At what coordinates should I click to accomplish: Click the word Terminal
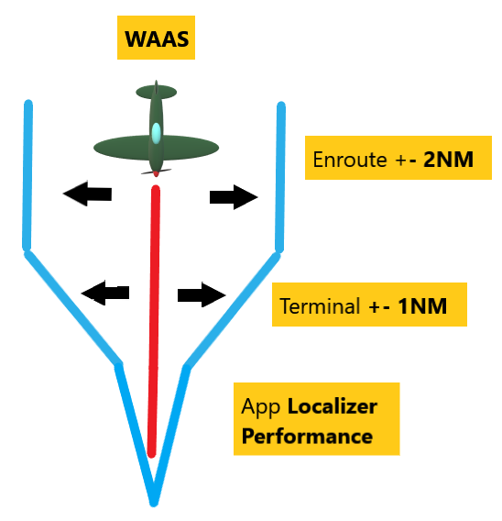(x=320, y=306)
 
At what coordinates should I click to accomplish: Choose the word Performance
(x=307, y=435)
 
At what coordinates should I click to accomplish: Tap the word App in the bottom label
(x=260, y=406)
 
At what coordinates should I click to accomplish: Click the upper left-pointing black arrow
(x=87, y=193)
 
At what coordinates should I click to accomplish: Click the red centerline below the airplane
(x=156, y=321)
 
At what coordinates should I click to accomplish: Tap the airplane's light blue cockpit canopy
(x=157, y=133)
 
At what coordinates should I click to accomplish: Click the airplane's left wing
(x=119, y=146)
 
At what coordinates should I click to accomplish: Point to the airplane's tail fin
(x=156, y=92)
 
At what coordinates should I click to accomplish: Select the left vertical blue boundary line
(x=27, y=174)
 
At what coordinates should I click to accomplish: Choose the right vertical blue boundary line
(x=279, y=174)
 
